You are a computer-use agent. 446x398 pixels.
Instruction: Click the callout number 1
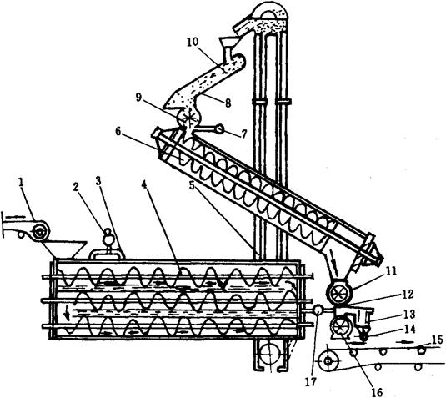point(21,183)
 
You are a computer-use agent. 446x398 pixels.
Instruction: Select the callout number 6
point(118,131)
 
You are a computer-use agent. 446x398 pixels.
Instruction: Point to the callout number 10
point(193,42)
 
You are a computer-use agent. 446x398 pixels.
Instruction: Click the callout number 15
point(438,340)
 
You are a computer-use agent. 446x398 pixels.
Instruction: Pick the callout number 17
point(311,382)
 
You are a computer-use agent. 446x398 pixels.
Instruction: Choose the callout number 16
point(378,393)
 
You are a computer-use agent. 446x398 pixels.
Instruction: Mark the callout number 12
point(408,295)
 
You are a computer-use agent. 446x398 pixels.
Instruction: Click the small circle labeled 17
point(318,310)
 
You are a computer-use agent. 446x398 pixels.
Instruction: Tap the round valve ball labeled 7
point(219,129)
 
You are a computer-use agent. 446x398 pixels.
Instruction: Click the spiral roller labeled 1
point(41,232)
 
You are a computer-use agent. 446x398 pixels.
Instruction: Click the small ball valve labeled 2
point(108,238)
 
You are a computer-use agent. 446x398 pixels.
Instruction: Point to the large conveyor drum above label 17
point(328,361)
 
